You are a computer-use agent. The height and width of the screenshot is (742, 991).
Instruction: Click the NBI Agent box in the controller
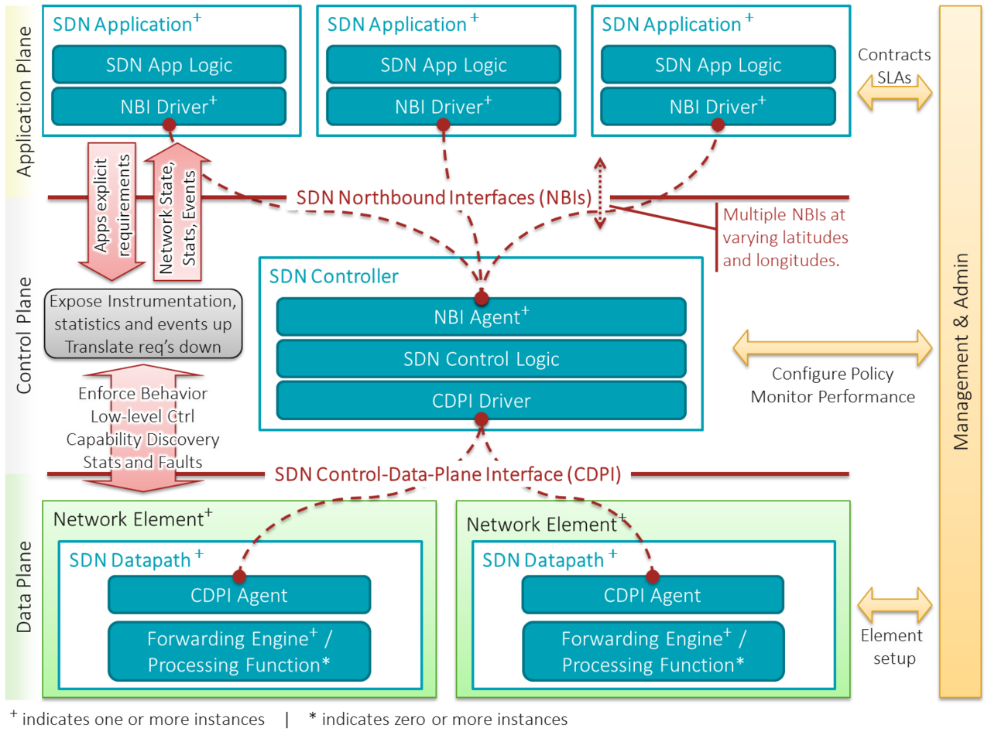[x=481, y=317]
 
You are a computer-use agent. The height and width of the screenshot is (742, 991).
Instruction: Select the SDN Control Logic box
[x=481, y=359]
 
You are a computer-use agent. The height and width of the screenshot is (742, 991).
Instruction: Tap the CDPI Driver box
[x=481, y=401]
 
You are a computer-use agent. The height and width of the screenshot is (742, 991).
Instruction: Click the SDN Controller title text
[x=334, y=276]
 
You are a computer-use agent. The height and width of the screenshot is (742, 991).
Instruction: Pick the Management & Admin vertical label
[x=961, y=351]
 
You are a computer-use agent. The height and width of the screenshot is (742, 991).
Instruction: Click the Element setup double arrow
[x=894, y=604]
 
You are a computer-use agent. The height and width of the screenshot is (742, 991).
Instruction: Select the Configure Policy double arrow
[x=832, y=347]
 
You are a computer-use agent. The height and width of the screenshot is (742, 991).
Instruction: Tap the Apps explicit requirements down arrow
[x=112, y=209]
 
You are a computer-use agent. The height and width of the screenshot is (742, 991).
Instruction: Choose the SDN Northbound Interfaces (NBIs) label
[x=444, y=197]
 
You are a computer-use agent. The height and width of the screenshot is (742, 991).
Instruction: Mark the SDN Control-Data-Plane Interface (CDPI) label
[x=447, y=474]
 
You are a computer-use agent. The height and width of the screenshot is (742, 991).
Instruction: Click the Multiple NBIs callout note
[x=785, y=238]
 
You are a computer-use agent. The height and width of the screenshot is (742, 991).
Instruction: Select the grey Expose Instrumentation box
[x=143, y=323]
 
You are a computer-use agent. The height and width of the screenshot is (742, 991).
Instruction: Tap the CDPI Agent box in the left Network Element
[x=239, y=596]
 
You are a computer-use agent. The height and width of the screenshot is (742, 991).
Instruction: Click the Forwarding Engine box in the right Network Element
[x=653, y=651]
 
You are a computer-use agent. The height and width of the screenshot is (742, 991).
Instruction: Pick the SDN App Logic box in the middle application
[x=444, y=65]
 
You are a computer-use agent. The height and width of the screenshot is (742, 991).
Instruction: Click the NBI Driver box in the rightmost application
[x=718, y=107]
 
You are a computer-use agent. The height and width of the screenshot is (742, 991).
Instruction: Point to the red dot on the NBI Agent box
[x=482, y=298]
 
